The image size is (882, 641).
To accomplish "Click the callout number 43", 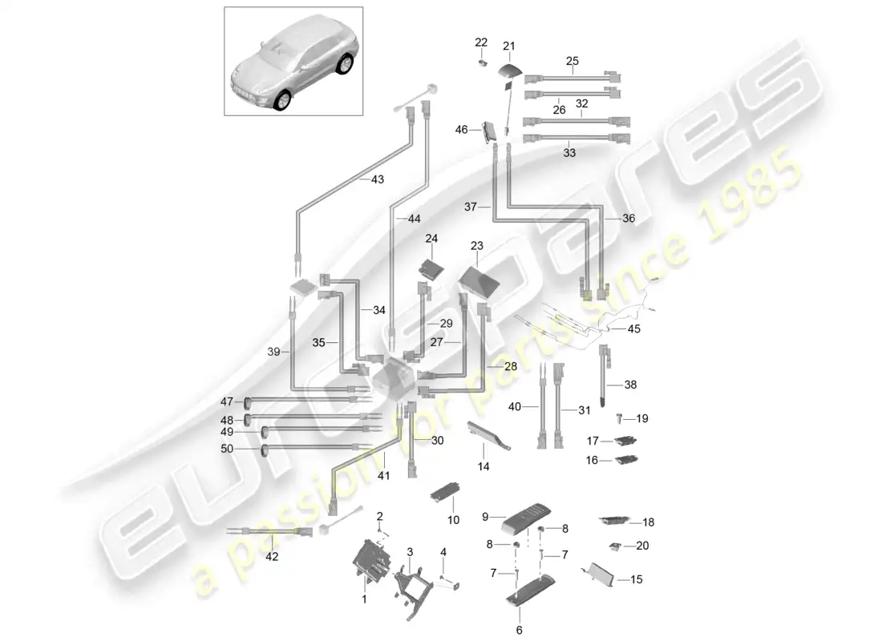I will [x=377, y=179].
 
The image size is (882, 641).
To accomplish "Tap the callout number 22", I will [x=480, y=42].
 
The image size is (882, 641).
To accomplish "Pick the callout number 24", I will [x=431, y=239].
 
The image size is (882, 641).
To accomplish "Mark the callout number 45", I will [x=633, y=329].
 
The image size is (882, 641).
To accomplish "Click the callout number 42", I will [x=273, y=558].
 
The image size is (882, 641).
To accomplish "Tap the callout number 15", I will [x=637, y=579].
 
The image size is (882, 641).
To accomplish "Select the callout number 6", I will [x=519, y=630].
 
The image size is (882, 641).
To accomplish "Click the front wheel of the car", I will [x=281, y=100].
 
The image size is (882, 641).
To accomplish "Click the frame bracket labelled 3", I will [x=415, y=586].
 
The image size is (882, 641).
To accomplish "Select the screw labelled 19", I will [x=621, y=417].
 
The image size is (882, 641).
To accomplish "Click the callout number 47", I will [x=227, y=401].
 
